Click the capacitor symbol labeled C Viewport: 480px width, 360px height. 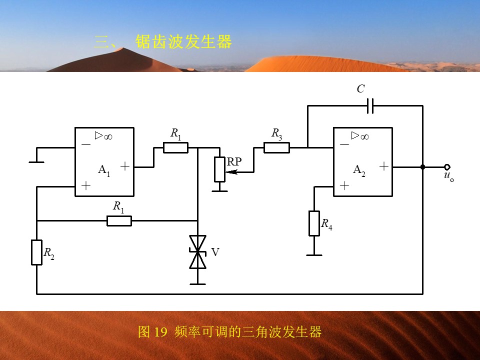pyautogui.click(x=370, y=106)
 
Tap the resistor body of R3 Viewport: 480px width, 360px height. pyautogui.click(x=276, y=148)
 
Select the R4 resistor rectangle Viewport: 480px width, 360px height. pyautogui.click(x=314, y=223)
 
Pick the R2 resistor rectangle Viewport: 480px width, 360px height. pyautogui.click(x=36, y=252)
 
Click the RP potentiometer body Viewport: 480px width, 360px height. pyautogui.click(x=220, y=169)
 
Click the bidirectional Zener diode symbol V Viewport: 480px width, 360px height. pyautogui.click(x=198, y=252)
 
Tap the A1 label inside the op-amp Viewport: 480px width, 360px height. pyautogui.click(x=104, y=170)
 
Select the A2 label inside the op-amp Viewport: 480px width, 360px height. pyautogui.click(x=359, y=170)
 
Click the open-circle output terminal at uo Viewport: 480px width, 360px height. pyautogui.click(x=447, y=167)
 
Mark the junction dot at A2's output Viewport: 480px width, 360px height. pyautogui.click(x=423, y=167)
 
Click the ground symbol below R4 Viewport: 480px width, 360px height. pyautogui.click(x=314, y=255)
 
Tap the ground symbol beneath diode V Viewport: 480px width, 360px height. pyautogui.click(x=198, y=284)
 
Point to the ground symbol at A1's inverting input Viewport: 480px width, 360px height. pyautogui.click(x=36, y=162)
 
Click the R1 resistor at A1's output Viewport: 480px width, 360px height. pyautogui.click(x=175, y=148)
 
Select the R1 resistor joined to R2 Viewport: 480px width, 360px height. pyautogui.click(x=119, y=220)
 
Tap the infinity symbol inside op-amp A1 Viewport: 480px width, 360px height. pyautogui.click(x=108, y=137)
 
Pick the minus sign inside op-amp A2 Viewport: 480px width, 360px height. pyautogui.click(x=344, y=144)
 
